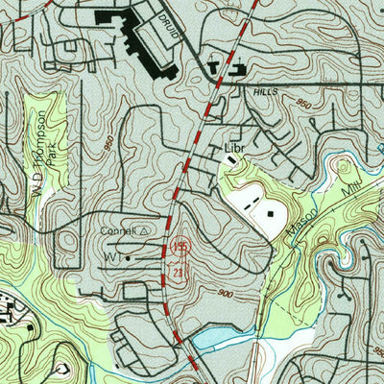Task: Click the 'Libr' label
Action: [234, 148]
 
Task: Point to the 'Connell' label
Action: [119, 231]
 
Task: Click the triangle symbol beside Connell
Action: [145, 231]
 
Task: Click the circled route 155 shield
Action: [181, 248]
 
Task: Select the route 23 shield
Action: [180, 273]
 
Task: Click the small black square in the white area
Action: [271, 214]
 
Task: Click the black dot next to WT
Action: [128, 258]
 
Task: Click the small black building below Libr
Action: [231, 161]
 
